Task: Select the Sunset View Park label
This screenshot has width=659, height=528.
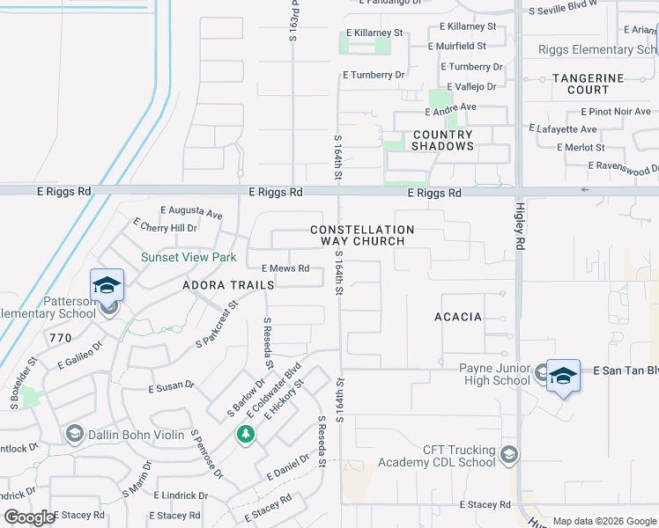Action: tap(189, 258)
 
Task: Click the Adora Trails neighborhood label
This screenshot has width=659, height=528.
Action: tap(228, 285)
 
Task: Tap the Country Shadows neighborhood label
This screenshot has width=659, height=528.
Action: tap(442, 140)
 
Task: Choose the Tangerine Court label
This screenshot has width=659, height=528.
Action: tap(588, 84)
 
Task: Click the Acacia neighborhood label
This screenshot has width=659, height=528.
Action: tap(458, 317)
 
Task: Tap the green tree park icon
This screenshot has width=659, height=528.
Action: tap(245, 434)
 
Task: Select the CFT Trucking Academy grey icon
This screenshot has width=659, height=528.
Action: tap(507, 455)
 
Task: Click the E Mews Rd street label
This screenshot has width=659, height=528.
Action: tap(285, 268)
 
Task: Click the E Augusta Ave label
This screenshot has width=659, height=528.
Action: tap(191, 212)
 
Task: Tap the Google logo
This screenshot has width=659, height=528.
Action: tap(29, 517)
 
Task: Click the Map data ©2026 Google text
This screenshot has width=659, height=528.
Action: tap(603, 521)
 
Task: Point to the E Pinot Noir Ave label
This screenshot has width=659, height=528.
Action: tap(616, 112)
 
